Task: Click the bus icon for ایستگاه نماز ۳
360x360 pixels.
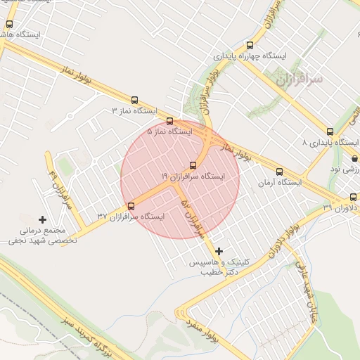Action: pos(135,100)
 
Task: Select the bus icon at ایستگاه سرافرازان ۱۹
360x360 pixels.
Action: pos(193,166)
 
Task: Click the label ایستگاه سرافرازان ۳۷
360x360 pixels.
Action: pos(130,216)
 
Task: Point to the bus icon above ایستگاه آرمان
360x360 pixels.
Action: pos(279,172)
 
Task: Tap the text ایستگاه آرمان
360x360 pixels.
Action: pos(279,183)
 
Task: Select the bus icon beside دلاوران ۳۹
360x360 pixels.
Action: pos(353,197)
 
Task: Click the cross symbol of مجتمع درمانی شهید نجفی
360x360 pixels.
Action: pos(42,220)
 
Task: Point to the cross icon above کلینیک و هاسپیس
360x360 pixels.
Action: pos(219,251)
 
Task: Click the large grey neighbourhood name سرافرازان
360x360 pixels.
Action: pos(300,80)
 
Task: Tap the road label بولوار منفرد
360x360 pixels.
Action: pos(203,332)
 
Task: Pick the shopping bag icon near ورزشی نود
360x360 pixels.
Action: pos(353,159)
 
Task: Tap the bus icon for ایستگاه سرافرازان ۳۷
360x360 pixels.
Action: pos(131,206)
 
